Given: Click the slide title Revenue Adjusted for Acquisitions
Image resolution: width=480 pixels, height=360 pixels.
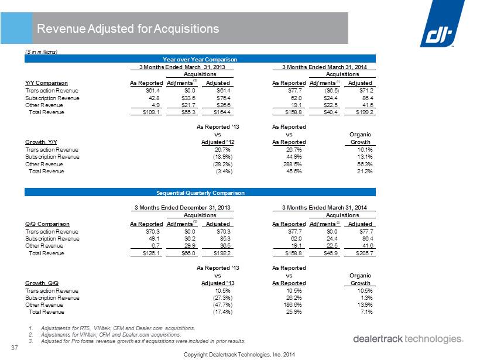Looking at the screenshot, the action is [128, 29].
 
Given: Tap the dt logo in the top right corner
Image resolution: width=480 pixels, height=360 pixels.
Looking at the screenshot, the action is [443, 23].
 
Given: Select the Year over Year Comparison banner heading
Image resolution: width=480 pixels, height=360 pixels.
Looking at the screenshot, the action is [200, 59].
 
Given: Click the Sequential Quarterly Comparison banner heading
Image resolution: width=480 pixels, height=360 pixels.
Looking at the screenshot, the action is [201, 193].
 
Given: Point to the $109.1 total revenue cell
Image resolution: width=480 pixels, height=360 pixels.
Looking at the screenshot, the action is [151, 112].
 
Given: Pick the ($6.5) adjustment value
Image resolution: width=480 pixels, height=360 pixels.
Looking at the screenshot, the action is [332, 91].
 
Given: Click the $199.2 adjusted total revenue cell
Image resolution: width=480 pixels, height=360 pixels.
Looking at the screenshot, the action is [365, 112].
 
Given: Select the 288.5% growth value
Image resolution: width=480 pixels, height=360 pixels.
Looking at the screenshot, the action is [293, 164].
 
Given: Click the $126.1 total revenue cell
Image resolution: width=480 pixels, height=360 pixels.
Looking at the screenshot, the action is [151, 253].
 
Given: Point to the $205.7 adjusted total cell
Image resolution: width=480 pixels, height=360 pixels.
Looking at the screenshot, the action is [365, 253].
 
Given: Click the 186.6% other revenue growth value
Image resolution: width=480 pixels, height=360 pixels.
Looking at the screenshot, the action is [293, 305].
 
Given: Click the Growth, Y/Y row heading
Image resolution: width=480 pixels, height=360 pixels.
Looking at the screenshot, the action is [41, 142].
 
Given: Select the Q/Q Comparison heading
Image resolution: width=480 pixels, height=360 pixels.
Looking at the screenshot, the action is [47, 224].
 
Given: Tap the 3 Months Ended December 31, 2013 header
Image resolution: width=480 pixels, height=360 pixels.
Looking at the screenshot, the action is [183, 208].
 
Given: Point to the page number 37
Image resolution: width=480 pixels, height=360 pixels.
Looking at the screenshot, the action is [15, 348].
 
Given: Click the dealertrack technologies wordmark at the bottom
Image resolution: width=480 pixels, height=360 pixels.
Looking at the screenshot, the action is [409, 339].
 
